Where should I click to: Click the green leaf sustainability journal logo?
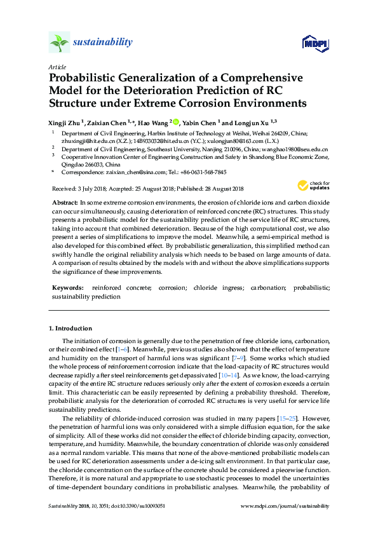tap(58, 43)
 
